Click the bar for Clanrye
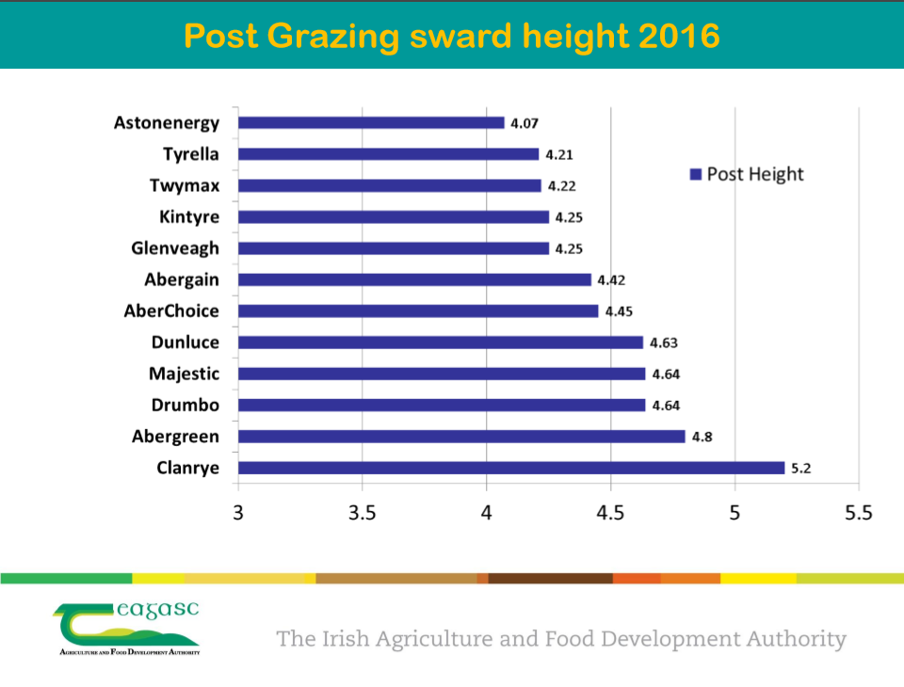510,468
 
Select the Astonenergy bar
371,122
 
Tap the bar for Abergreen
461,437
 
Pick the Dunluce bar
441,343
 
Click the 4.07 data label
525,123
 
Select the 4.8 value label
702,437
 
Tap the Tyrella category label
190,154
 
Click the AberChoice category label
171,312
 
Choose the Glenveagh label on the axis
175,248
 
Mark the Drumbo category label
186,406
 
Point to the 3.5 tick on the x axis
363,513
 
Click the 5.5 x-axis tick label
859,513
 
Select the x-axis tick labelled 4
487,513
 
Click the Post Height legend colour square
696,174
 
